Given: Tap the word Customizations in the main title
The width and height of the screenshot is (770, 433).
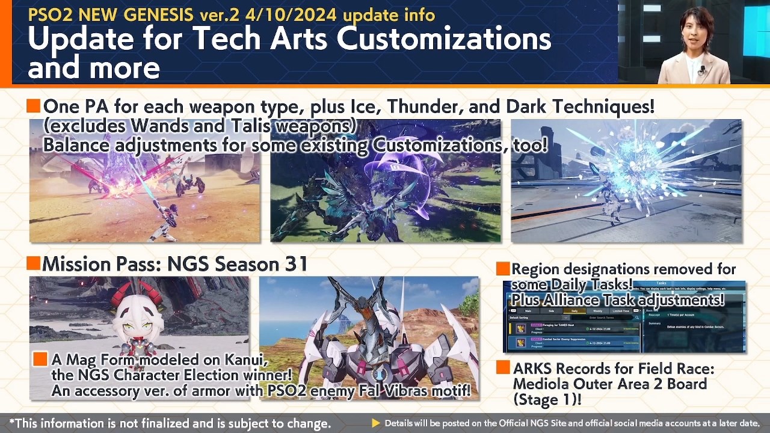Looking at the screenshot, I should (x=443, y=39).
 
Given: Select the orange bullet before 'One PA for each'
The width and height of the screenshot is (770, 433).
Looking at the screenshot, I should (x=34, y=106).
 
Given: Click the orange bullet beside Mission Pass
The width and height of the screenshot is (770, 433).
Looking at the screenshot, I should (x=34, y=263).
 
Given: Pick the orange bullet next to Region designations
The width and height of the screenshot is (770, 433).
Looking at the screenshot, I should (x=503, y=269).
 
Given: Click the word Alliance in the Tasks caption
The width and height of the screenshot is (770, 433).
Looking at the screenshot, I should (x=581, y=299).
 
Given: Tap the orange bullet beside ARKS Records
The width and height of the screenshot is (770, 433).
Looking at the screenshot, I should (x=503, y=367).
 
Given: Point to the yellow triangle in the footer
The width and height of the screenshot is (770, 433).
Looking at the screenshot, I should (x=376, y=423).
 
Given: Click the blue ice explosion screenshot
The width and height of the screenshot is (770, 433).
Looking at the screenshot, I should (x=626, y=180).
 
